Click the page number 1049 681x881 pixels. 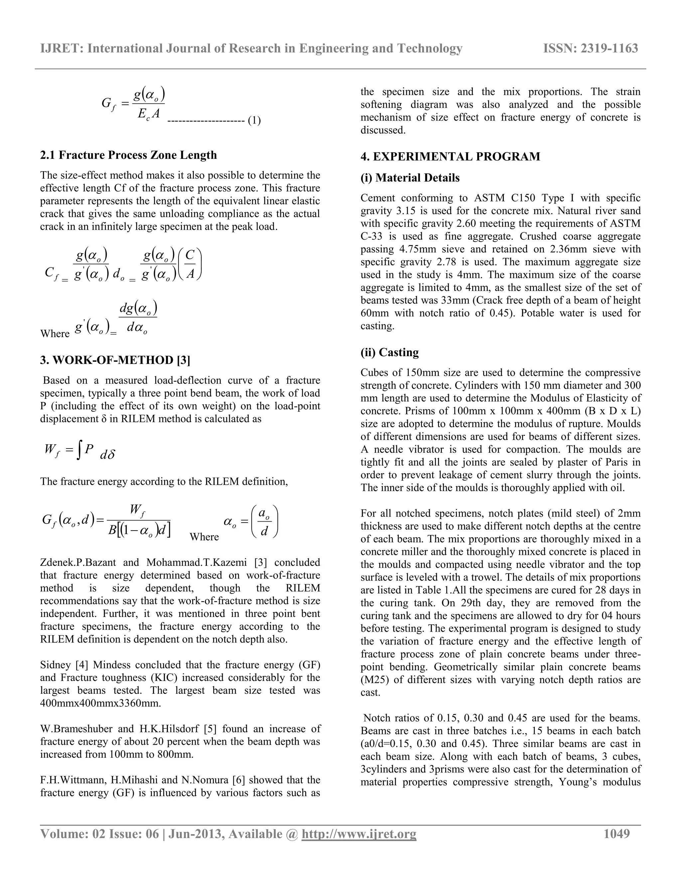point(616,833)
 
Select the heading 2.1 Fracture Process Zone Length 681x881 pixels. point(128,155)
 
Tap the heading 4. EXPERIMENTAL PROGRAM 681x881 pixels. point(450,157)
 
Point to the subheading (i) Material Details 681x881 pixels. point(410,178)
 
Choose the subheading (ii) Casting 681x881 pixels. point(389,352)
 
